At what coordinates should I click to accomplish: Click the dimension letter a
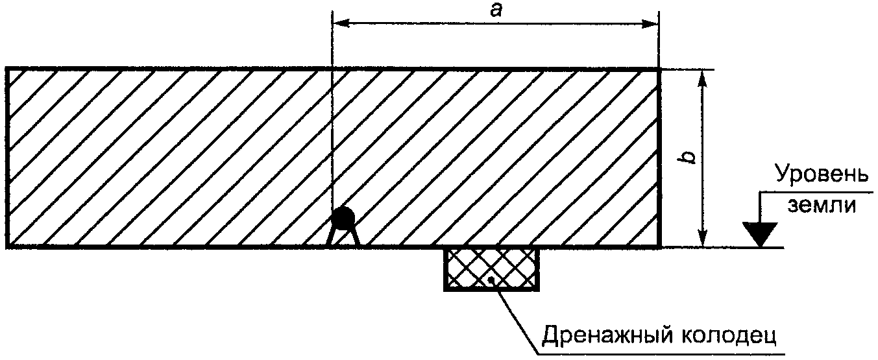(x=496, y=11)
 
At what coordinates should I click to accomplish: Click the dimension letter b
(x=688, y=157)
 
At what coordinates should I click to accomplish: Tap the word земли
(x=822, y=206)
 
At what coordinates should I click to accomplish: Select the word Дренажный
(x=601, y=336)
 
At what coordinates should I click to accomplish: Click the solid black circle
(x=343, y=217)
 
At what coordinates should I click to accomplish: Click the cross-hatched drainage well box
(x=491, y=269)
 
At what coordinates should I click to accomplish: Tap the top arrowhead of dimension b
(x=703, y=78)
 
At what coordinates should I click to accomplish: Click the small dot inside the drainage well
(x=490, y=280)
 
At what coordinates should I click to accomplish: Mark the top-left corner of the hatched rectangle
(x=7, y=69)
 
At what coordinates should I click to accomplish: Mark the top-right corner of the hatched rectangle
(x=660, y=69)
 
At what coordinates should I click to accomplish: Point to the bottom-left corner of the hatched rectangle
(x=7, y=246)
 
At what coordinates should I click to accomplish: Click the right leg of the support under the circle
(x=355, y=237)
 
